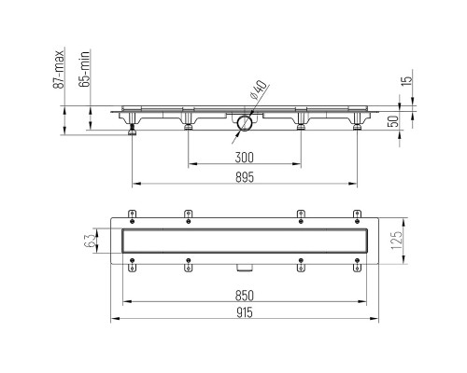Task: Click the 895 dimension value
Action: click(245, 177)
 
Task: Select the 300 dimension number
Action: click(245, 158)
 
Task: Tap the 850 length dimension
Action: click(245, 296)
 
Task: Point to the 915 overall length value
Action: click(245, 312)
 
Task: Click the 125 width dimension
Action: click(396, 241)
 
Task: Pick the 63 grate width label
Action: click(89, 241)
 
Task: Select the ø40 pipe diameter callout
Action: click(258, 90)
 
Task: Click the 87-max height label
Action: click(59, 69)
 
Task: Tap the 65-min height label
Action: click(84, 68)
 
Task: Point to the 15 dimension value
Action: click(406, 80)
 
